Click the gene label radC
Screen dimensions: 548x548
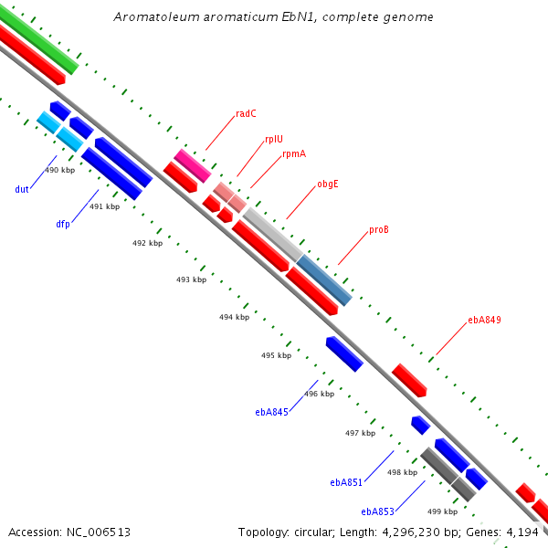point(246,113)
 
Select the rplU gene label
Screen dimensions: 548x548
point(274,139)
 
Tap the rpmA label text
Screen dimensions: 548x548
point(294,154)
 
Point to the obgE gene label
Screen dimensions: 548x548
point(328,184)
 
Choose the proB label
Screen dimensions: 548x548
point(379,229)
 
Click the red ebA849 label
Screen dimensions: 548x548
point(484,320)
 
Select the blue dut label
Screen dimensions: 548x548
point(22,189)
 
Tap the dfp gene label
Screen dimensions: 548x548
point(63,224)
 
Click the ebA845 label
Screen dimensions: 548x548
point(271,413)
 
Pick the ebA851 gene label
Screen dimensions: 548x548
point(346,482)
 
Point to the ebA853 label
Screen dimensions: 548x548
point(377,511)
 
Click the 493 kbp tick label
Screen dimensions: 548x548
point(191,279)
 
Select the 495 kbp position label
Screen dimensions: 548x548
point(276,355)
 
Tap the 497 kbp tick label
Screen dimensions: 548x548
point(361,433)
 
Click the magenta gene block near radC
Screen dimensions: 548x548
point(193,165)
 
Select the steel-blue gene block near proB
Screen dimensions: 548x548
point(324,280)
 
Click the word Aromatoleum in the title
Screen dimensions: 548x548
point(156,16)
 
